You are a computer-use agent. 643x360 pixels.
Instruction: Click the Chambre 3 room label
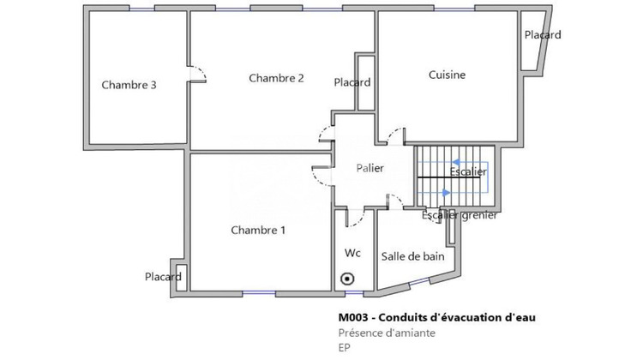(x=129, y=85)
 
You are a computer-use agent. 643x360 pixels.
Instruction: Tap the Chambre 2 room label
(x=276, y=78)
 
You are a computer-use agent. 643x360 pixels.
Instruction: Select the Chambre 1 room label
(x=258, y=230)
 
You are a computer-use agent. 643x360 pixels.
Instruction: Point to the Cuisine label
(x=447, y=75)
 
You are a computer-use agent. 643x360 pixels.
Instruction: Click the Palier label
(x=370, y=168)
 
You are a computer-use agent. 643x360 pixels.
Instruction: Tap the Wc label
(x=352, y=253)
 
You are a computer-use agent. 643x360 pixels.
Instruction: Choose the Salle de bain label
(x=412, y=255)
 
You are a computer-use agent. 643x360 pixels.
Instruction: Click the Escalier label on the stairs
(x=468, y=172)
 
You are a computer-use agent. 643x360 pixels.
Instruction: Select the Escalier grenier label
(x=460, y=215)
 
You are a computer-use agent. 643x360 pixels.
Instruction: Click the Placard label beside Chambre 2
(x=352, y=82)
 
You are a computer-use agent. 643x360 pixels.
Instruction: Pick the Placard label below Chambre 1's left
(x=163, y=277)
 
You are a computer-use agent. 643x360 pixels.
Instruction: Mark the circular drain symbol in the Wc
(x=347, y=278)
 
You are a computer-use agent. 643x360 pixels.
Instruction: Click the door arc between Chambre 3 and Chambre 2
(x=198, y=75)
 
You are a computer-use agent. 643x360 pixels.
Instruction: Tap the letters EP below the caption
(x=346, y=348)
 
